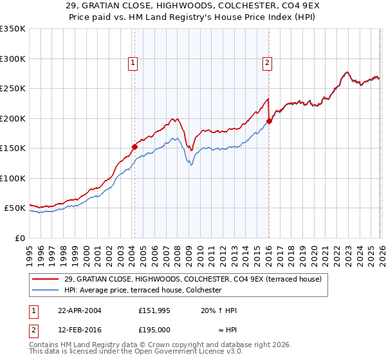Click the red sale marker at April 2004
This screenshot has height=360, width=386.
(x=134, y=147)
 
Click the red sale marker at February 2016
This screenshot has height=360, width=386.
(x=269, y=121)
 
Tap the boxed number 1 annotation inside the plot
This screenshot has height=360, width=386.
(x=133, y=62)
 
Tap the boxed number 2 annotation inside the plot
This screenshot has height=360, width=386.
(x=266, y=62)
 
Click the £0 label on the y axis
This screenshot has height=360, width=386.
(x=19, y=238)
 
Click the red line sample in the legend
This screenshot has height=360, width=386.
(x=46, y=278)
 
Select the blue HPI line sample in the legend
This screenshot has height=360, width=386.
(x=46, y=291)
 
